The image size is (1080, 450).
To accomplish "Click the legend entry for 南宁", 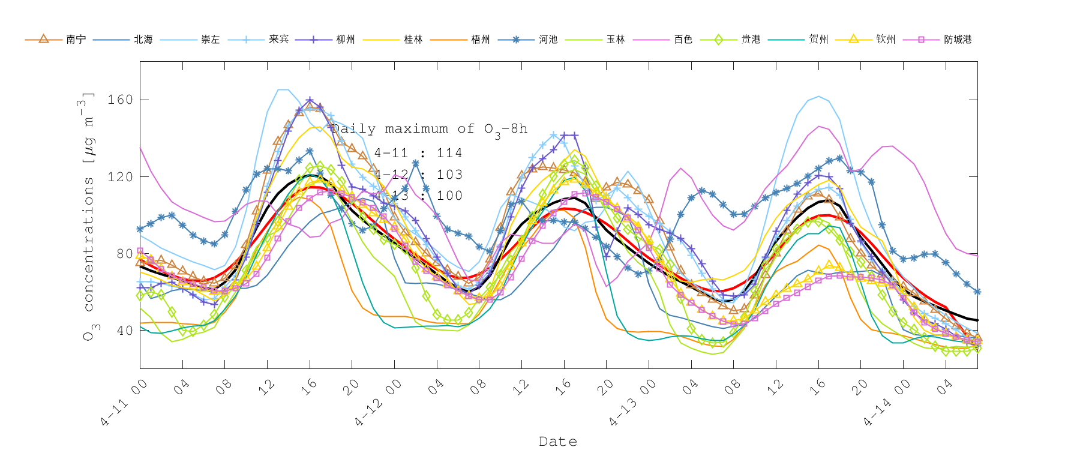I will tap(76, 40).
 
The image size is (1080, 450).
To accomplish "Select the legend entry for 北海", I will tap(143, 40).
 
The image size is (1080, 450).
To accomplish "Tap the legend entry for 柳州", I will tap(346, 40).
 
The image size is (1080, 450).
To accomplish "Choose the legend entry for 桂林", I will tap(413, 40).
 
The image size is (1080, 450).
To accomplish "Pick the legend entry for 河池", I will tap(548, 40).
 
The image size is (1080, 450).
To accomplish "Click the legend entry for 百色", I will tap(683, 40).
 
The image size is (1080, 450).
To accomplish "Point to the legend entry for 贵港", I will tap(751, 40).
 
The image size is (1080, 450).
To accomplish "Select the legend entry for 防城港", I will tap(958, 40).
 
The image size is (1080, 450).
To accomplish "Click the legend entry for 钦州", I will tap(886, 40).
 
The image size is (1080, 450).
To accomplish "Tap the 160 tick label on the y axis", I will tap(120, 100).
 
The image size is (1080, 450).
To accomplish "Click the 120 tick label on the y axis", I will tap(120, 177).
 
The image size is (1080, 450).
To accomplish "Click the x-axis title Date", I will tap(558, 442).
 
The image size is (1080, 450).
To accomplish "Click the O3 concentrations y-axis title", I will tap(89, 216).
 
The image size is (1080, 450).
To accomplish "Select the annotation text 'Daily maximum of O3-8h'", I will tap(430, 129).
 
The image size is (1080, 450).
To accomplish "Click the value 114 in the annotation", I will tap(449, 154).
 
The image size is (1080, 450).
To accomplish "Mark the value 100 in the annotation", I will tap(449, 196).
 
